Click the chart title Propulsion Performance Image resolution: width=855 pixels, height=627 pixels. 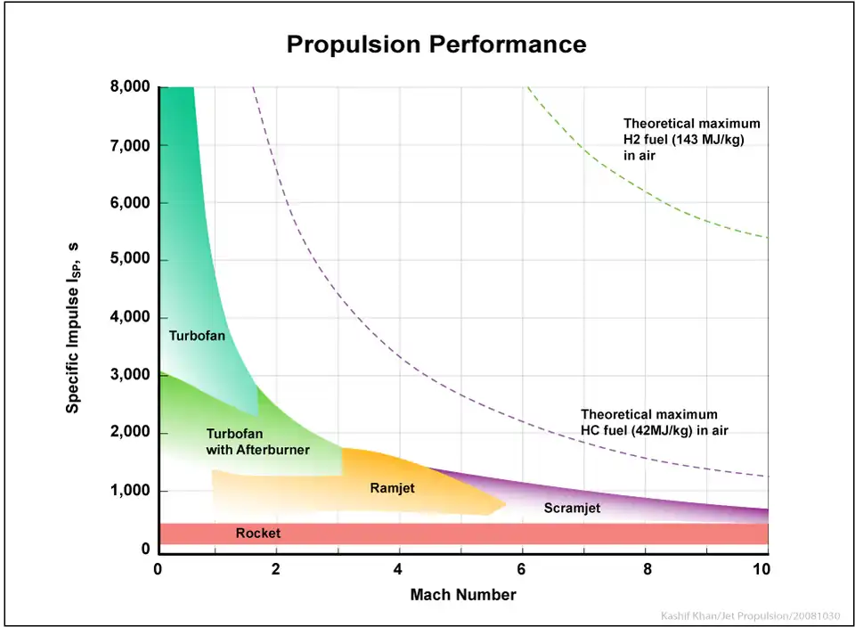(436, 45)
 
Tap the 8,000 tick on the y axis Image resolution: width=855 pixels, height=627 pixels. (131, 87)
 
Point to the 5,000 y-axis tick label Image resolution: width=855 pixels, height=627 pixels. (131, 260)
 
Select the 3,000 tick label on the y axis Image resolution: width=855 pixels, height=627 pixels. (131, 375)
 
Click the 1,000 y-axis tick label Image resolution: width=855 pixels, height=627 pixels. (131, 491)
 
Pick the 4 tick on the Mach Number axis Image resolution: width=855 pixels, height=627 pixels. (398, 569)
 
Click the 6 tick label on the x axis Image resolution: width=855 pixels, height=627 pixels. (521, 569)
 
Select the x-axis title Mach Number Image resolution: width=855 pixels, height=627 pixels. (462, 594)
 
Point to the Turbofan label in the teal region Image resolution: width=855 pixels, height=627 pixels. (197, 336)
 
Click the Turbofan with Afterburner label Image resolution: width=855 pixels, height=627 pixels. (257, 442)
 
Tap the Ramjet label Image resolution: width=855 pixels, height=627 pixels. (392, 488)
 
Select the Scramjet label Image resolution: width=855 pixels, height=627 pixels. (571, 509)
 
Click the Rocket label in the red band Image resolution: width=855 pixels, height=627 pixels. (257, 533)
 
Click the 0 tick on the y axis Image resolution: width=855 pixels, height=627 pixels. (146, 550)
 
